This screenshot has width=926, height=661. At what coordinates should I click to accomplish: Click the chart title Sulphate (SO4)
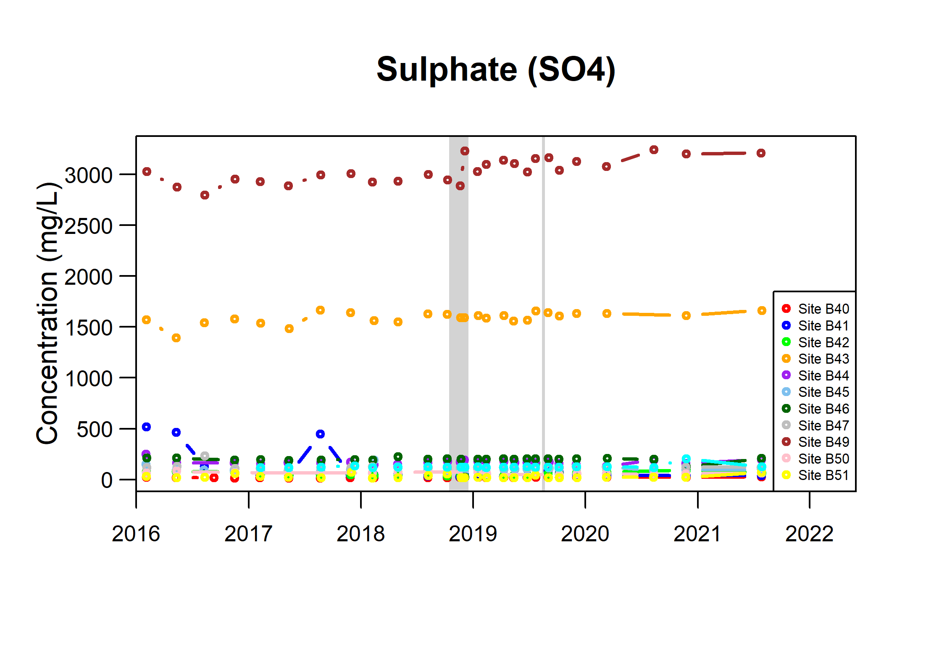pyautogui.click(x=496, y=70)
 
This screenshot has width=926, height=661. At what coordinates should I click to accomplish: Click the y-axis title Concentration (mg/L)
pyautogui.click(x=47, y=313)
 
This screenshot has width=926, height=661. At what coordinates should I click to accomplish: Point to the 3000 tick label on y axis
pyautogui.click(x=89, y=175)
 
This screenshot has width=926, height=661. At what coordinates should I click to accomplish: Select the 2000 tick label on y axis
pyautogui.click(x=89, y=277)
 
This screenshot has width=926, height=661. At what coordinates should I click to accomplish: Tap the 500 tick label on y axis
pyautogui.click(x=95, y=430)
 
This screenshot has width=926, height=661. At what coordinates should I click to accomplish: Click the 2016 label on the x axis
pyautogui.click(x=136, y=534)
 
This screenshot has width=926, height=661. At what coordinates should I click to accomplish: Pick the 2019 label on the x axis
pyautogui.click(x=473, y=534)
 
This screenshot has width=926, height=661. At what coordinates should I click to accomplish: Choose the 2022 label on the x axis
pyautogui.click(x=809, y=534)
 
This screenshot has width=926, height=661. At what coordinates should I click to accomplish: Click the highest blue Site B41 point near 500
pyautogui.click(x=146, y=427)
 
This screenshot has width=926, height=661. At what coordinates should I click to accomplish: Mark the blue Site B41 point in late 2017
pyautogui.click(x=320, y=434)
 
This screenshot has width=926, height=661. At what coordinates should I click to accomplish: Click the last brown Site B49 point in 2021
pyautogui.click(x=761, y=153)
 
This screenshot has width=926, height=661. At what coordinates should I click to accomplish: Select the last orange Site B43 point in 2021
pyautogui.click(x=762, y=310)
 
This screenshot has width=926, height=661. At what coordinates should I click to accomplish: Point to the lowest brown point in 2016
pyautogui.click(x=205, y=195)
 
